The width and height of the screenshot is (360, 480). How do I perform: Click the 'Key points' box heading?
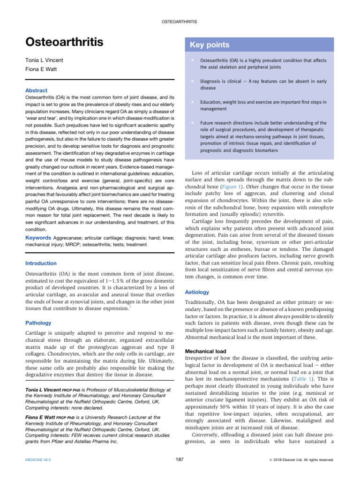coord(210,45)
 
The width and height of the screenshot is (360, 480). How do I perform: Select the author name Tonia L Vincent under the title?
coord(45,61)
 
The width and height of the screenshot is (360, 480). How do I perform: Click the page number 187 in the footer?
coord(178,460)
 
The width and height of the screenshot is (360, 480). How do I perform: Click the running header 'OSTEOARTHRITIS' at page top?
coord(180,22)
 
